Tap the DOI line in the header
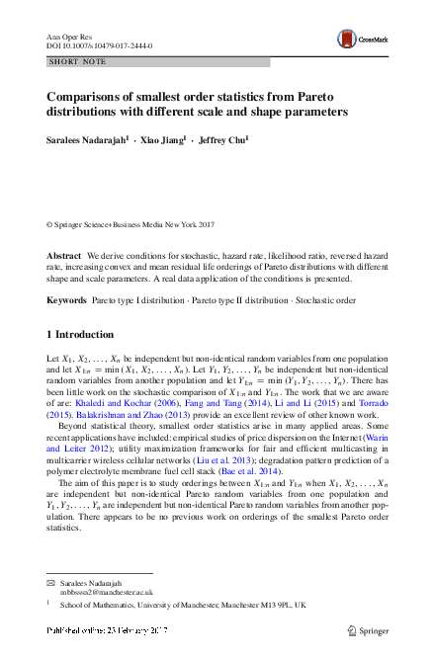pyautogui.click(x=94, y=45)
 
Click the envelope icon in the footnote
pyautogui.click(x=51, y=585)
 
